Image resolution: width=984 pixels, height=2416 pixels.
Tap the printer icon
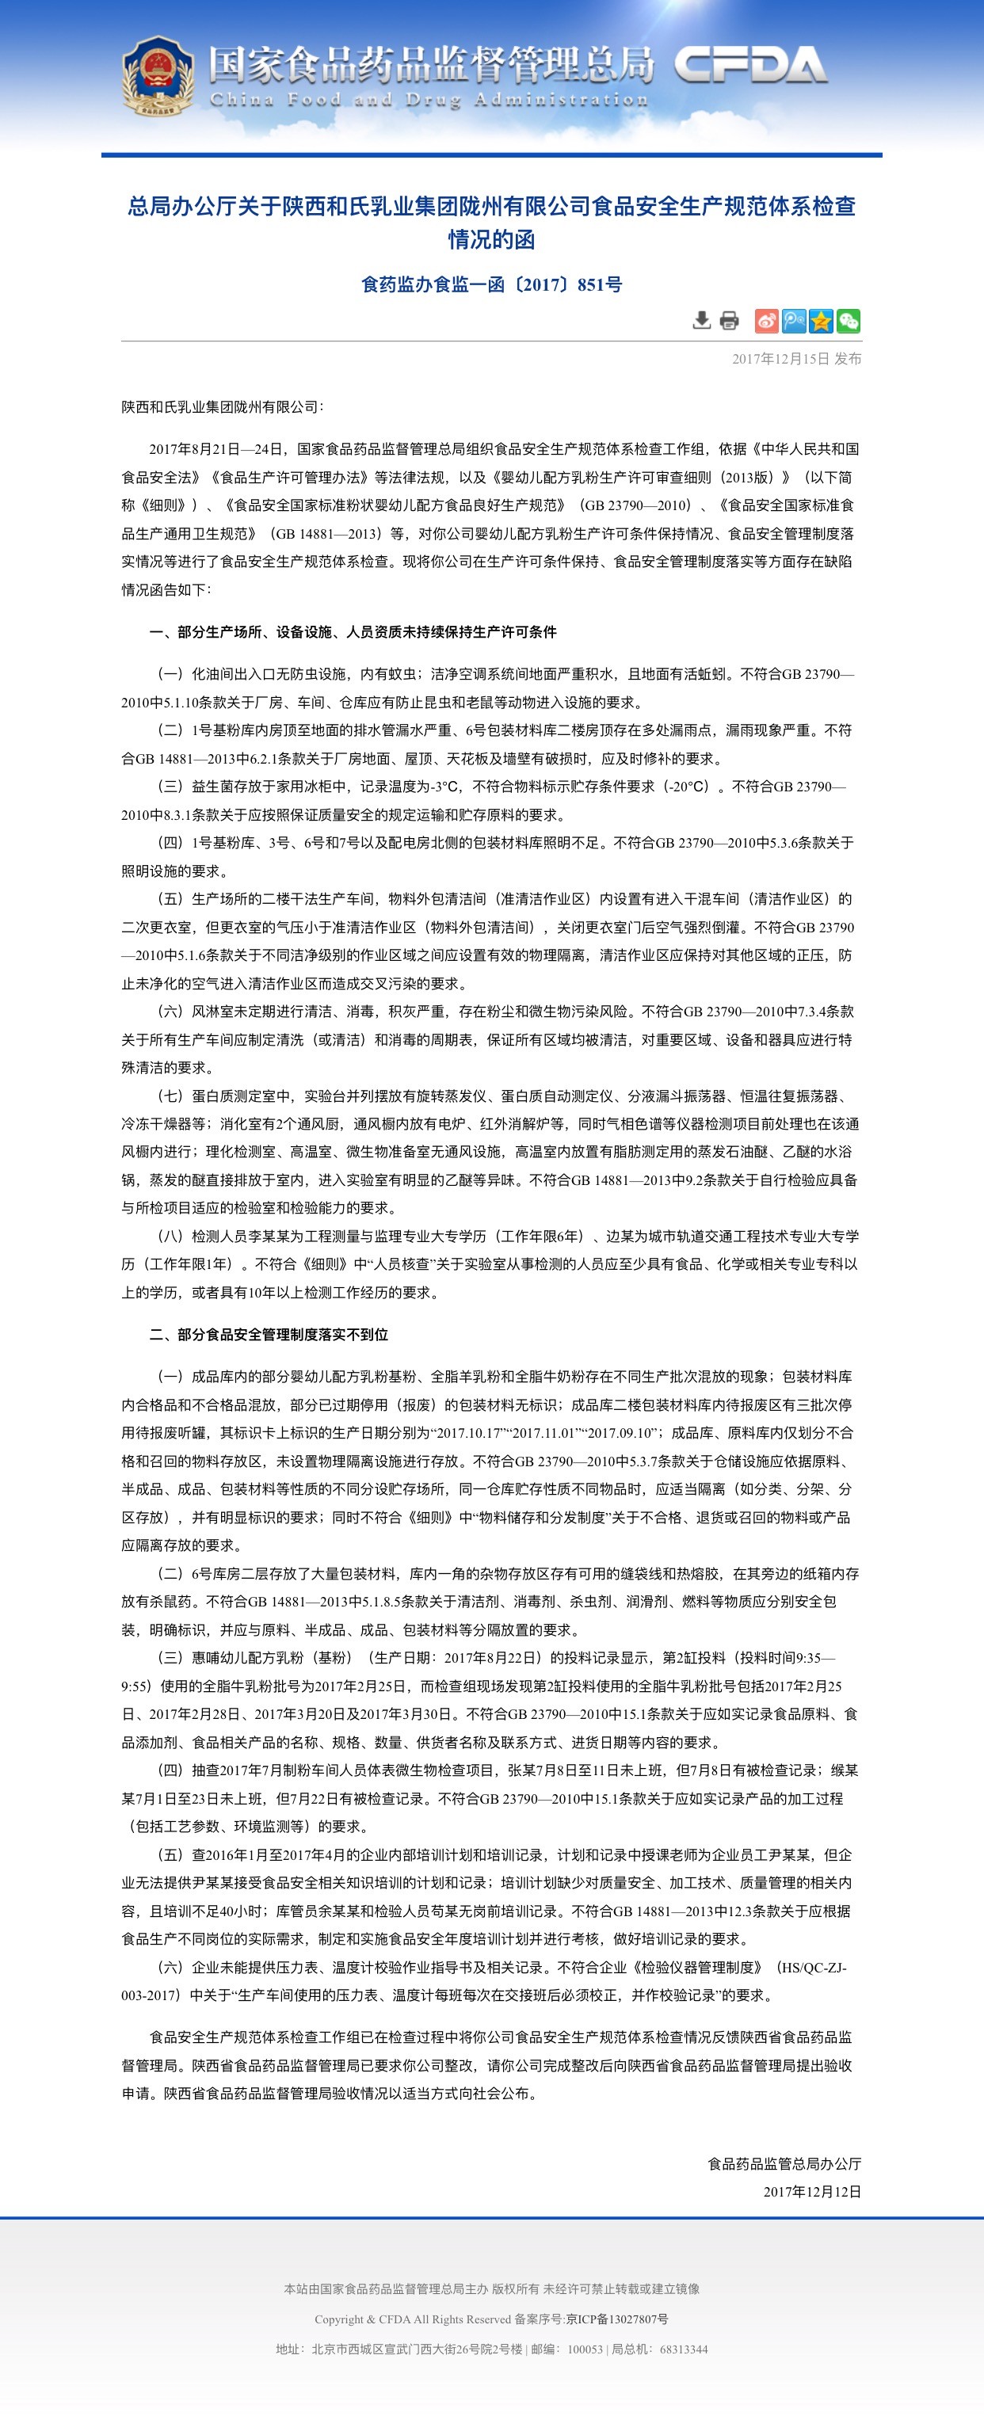click(x=729, y=321)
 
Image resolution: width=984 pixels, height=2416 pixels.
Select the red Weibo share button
click(x=766, y=321)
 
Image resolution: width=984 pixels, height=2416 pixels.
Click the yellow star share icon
click(x=821, y=321)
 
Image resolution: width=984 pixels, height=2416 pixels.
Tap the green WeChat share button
click(x=848, y=321)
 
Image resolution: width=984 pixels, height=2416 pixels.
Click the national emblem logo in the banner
click(x=157, y=75)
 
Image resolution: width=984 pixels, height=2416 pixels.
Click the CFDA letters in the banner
click(x=749, y=66)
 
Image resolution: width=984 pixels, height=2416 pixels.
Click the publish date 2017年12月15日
click(x=780, y=358)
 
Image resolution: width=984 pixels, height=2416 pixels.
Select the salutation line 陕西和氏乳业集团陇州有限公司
click(x=221, y=407)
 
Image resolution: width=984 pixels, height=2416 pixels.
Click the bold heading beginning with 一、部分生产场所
click(x=353, y=632)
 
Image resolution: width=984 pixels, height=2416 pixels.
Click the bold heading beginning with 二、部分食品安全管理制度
click(x=269, y=1335)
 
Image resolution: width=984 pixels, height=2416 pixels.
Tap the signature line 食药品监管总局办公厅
click(x=784, y=2164)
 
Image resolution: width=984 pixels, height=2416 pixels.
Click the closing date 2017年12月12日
click(x=812, y=2192)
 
